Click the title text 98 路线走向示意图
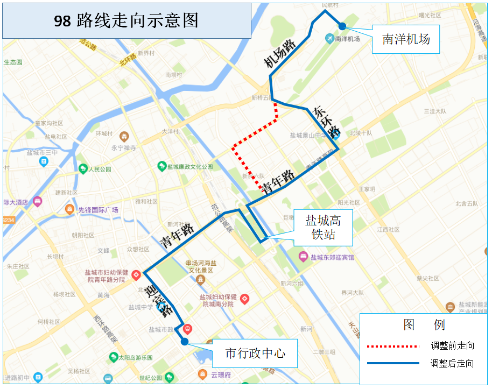pos(126,20)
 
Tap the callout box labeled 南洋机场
pos(406,39)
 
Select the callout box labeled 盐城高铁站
pos(322,227)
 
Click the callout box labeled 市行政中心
pos(254,353)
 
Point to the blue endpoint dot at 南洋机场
pos(342,26)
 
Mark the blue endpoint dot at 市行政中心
pos(185,341)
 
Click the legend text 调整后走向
pos(452,363)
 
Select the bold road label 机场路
pos(280,54)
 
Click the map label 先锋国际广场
pos(98,210)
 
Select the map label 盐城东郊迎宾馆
pos(332,257)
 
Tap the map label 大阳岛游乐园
pos(136,358)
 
